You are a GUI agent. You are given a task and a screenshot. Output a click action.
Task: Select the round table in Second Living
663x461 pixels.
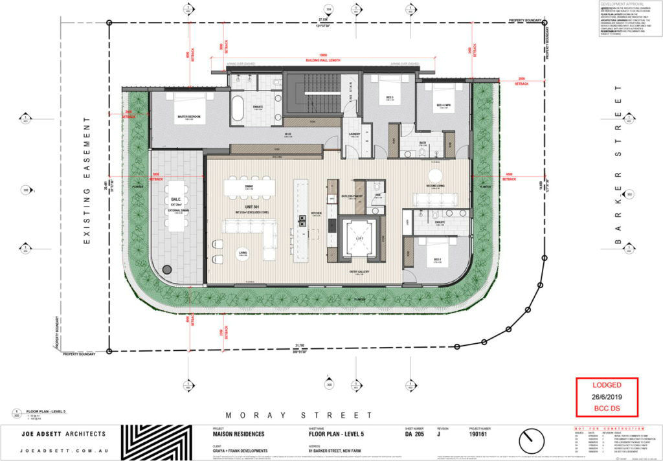coord(434,175)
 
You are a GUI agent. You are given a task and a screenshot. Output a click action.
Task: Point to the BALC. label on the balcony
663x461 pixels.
coord(175,200)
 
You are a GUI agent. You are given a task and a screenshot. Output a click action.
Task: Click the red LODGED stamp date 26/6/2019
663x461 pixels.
coord(607,397)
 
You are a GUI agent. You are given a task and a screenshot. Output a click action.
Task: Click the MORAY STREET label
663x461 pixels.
coord(299,415)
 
